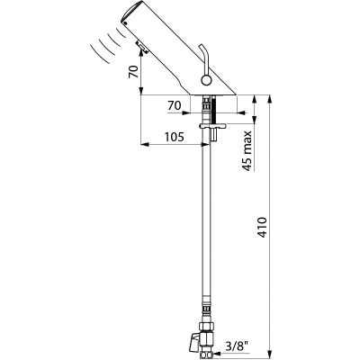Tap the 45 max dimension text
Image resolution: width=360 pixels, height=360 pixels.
(x=247, y=150)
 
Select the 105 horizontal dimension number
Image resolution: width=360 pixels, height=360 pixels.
(x=174, y=137)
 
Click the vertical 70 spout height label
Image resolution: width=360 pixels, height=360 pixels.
(x=134, y=72)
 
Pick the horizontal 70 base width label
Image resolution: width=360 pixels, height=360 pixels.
(x=175, y=105)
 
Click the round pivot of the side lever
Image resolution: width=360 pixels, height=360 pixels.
(x=206, y=80)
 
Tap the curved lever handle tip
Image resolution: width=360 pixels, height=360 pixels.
(x=202, y=47)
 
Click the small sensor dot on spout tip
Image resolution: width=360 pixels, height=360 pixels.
(x=126, y=22)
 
